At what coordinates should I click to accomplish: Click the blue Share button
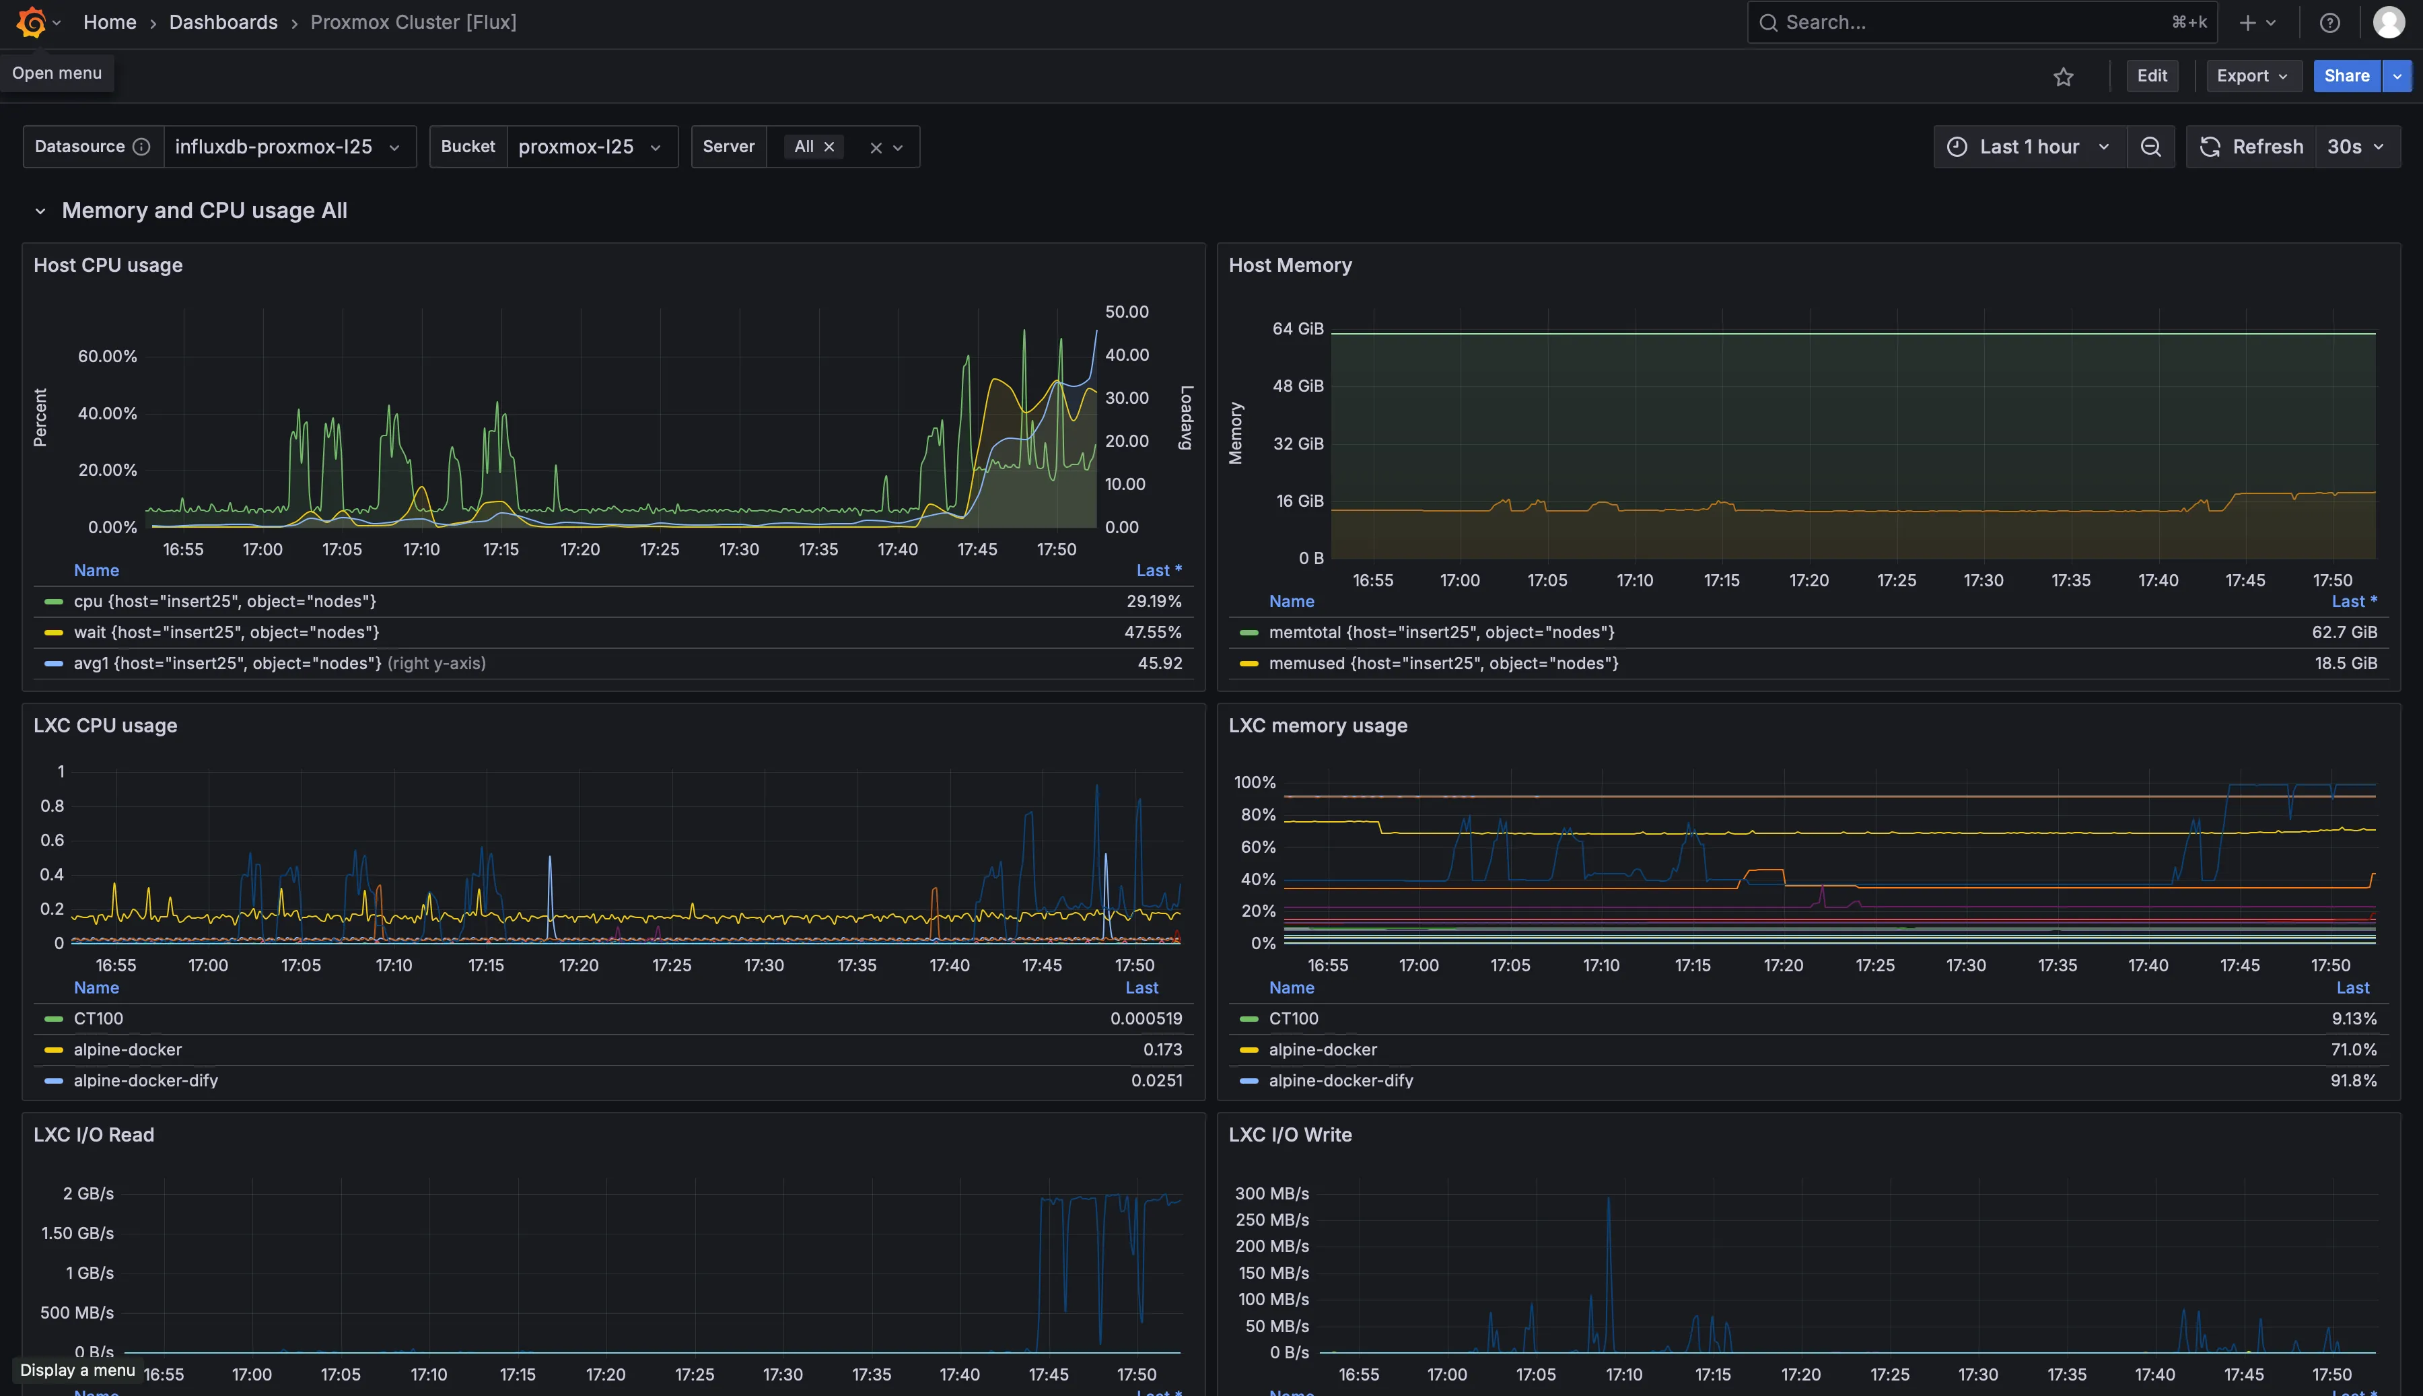2346,76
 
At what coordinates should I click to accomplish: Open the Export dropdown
2253,76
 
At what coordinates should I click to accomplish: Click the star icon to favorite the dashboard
2063,77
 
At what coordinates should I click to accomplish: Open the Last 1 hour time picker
2029,147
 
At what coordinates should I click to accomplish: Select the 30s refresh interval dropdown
2356,147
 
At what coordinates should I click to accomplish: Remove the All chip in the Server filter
829,147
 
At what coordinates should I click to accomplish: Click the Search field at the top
1975,22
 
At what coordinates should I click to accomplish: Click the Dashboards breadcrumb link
223,22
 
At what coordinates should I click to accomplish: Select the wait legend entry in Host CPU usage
226,632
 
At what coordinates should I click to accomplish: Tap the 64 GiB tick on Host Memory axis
1297,329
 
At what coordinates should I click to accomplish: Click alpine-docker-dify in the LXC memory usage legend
1340,1080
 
